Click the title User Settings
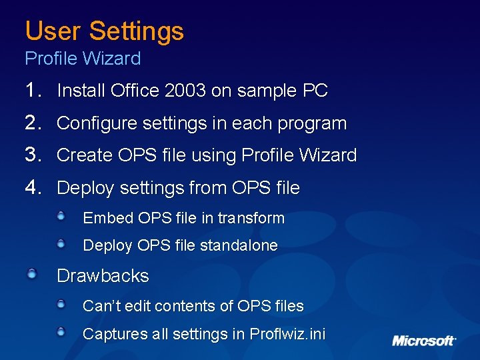click(104, 31)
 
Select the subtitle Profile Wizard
click(83, 59)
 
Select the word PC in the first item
click(315, 91)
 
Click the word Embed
click(107, 218)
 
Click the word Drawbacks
click(103, 275)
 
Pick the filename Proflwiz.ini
click(287, 334)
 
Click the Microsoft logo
click(423, 341)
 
